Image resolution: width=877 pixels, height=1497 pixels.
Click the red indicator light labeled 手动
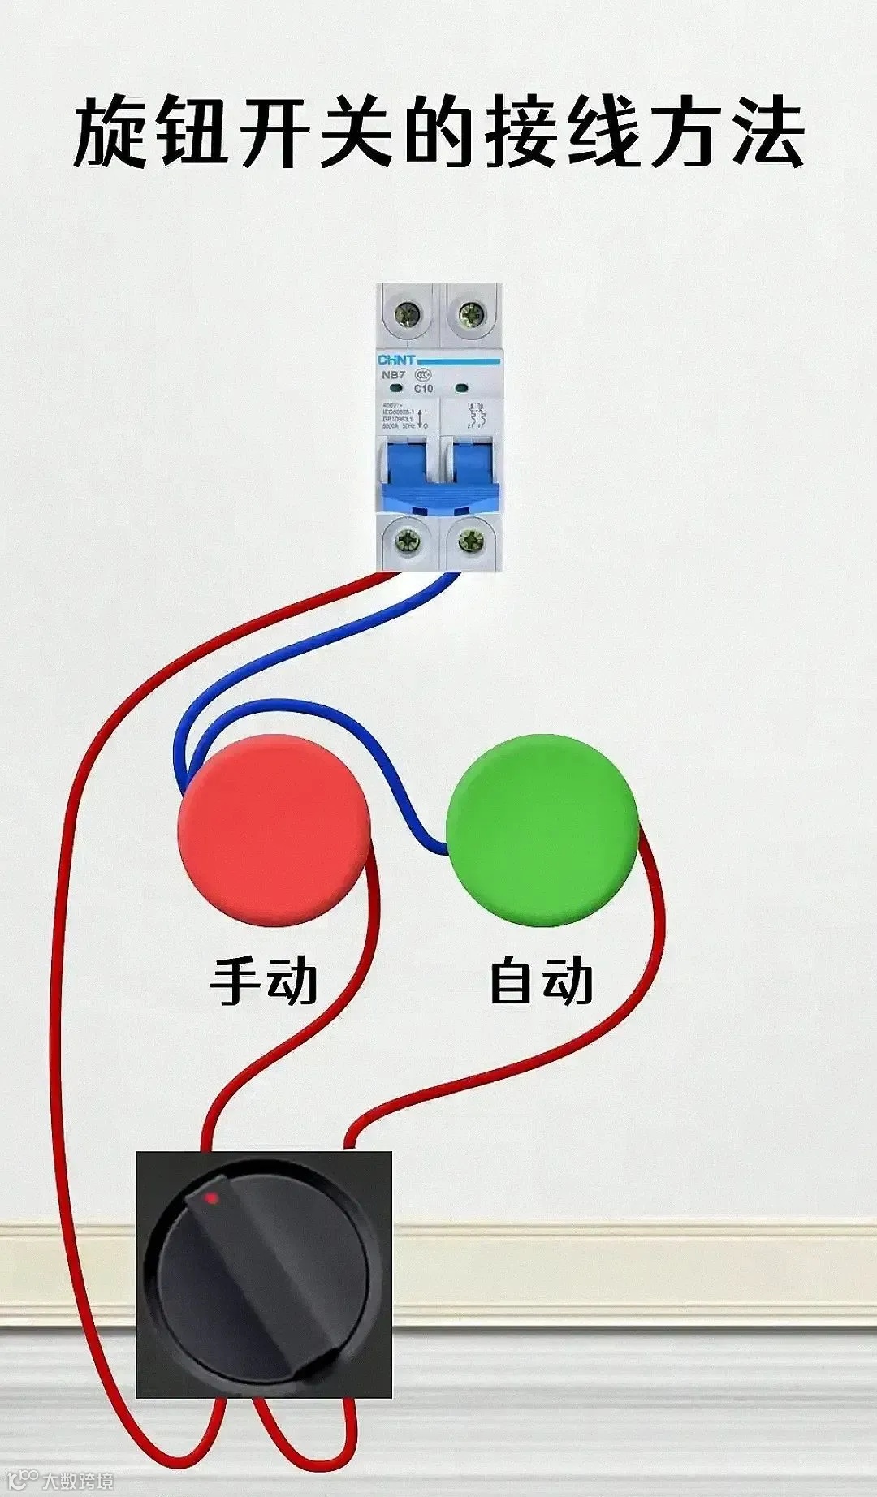click(x=274, y=830)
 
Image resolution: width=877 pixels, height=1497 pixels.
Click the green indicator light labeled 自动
click(x=542, y=830)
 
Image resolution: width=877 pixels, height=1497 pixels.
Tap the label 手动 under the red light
click(x=264, y=981)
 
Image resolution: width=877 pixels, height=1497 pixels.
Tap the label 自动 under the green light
click(x=542, y=981)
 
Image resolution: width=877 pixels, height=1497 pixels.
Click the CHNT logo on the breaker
click(x=396, y=360)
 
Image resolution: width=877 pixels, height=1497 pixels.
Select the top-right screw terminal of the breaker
click(x=470, y=313)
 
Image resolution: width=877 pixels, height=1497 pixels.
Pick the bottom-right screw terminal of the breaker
click(x=470, y=540)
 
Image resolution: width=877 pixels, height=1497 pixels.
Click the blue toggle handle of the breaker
click(x=439, y=479)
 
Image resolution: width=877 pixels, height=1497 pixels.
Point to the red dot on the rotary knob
click(x=212, y=1198)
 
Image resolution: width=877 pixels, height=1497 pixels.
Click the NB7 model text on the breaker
click(x=393, y=375)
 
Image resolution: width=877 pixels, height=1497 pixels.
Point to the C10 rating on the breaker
click(x=424, y=389)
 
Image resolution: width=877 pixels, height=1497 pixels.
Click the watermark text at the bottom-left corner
click(x=78, y=1481)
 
